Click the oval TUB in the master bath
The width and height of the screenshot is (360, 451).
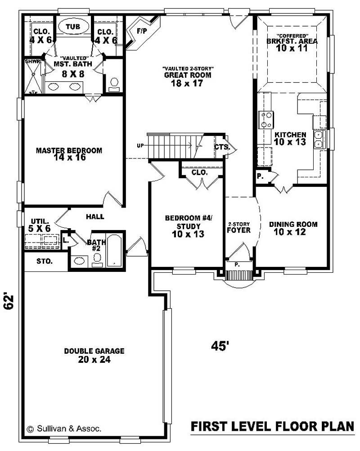(73, 27)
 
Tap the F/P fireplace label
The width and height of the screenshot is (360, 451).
(141, 31)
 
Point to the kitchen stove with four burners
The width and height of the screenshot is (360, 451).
(266, 120)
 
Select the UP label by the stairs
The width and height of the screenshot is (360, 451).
(140, 146)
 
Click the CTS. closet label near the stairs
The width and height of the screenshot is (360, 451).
(222, 147)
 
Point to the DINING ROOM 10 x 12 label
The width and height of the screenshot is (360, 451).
(293, 228)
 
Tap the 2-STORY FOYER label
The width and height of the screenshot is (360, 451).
(238, 227)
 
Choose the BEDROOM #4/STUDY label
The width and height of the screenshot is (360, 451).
(189, 226)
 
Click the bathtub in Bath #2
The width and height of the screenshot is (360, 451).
(114, 251)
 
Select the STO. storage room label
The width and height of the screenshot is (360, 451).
(45, 261)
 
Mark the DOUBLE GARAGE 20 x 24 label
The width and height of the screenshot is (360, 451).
(94, 355)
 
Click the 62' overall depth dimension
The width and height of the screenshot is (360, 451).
(9, 301)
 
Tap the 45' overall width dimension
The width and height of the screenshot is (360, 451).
(220, 346)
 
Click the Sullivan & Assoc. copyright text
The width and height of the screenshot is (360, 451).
(64, 429)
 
